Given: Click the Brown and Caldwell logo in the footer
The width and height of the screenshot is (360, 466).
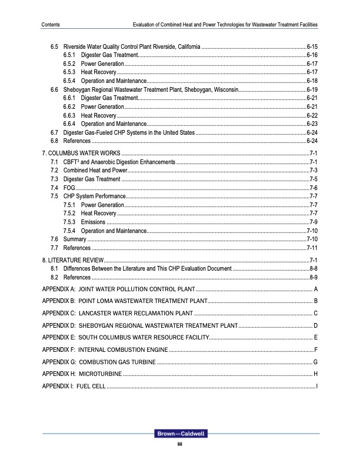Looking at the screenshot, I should (180, 434).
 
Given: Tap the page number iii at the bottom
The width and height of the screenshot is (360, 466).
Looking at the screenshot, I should (180, 444).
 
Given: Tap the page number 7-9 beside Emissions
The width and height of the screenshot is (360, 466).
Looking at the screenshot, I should (314, 222).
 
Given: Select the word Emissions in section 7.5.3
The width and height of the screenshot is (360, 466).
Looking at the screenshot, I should (93, 222).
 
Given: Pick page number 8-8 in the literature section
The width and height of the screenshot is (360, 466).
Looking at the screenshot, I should (314, 268).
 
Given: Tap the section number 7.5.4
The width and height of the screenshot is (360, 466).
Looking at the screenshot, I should (68, 231).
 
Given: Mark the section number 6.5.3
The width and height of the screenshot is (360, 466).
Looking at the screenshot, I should (68, 72).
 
